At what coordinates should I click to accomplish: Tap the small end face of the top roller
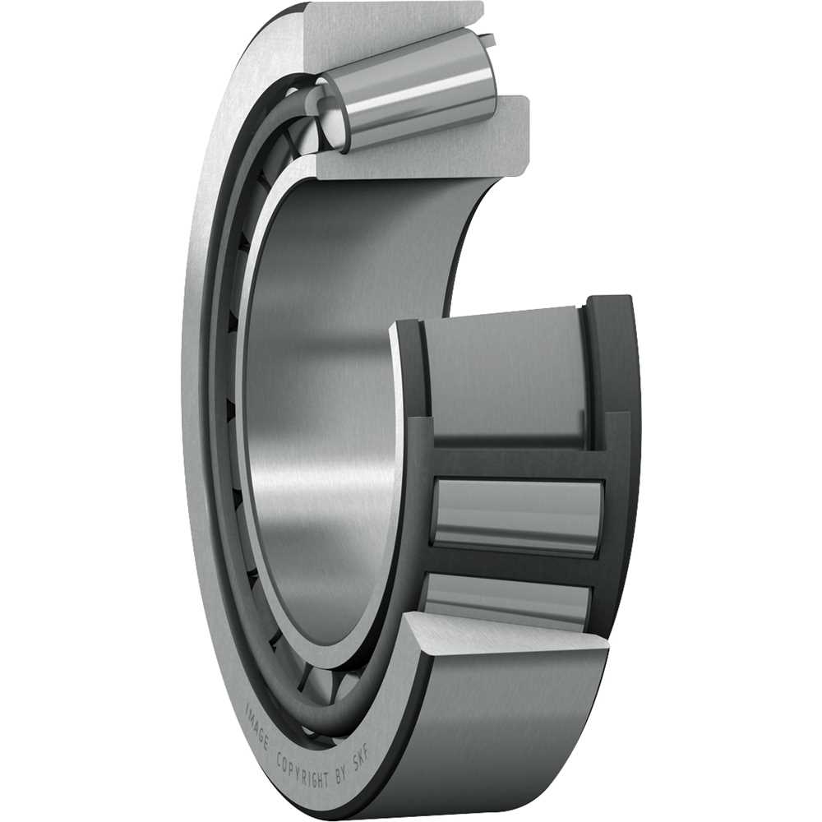(x=330, y=115)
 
